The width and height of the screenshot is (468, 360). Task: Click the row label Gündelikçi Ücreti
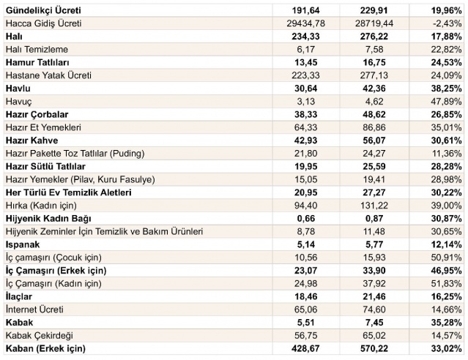[x=43, y=10]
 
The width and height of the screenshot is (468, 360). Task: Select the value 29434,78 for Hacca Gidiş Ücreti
[x=305, y=23]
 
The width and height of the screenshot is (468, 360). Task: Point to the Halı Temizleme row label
[x=37, y=49]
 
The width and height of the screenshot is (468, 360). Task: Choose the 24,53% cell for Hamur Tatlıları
[x=446, y=62]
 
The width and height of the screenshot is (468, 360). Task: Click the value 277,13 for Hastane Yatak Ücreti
[x=374, y=75]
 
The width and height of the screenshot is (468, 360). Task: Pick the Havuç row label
[x=18, y=102]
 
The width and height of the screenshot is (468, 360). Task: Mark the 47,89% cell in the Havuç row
[x=446, y=102]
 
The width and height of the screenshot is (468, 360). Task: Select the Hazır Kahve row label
[x=32, y=140]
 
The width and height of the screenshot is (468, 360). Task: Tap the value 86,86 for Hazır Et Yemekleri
[x=374, y=127]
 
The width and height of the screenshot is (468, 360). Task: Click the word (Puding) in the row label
[x=127, y=154]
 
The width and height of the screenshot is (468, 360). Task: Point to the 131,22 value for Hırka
[x=374, y=206]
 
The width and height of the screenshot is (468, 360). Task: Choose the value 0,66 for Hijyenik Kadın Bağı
[x=306, y=219]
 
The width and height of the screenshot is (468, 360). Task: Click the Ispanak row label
[x=23, y=244]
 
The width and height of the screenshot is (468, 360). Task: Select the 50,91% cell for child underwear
[x=446, y=258]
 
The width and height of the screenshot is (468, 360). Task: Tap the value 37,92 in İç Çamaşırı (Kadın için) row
[x=374, y=283]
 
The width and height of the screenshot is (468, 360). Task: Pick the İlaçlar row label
[x=19, y=296]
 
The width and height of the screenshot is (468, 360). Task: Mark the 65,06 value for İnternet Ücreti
[x=305, y=310]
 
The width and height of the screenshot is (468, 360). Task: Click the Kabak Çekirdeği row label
[x=40, y=336]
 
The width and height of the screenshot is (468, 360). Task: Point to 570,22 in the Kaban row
[x=374, y=348]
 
